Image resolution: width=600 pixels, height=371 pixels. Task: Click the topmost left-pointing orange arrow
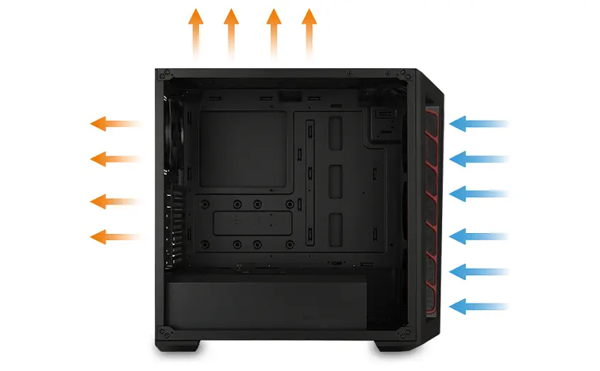pyautogui.click(x=114, y=124)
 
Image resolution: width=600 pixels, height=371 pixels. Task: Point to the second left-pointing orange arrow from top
pyautogui.click(x=114, y=158)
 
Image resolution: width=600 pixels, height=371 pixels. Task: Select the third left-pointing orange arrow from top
pyautogui.click(x=114, y=202)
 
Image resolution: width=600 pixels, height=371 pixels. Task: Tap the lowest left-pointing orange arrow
pyautogui.click(x=114, y=236)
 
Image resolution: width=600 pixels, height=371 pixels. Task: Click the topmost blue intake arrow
pyautogui.click(x=480, y=124)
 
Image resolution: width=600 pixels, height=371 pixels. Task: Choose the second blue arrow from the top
pyautogui.click(x=480, y=158)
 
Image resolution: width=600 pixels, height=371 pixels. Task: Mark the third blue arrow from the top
pyautogui.click(x=480, y=193)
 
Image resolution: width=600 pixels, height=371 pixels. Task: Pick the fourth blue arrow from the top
pyautogui.click(x=480, y=235)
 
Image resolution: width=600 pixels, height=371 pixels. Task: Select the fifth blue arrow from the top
pyautogui.click(x=480, y=271)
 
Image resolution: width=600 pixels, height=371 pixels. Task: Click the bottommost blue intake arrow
pyautogui.click(x=480, y=307)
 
